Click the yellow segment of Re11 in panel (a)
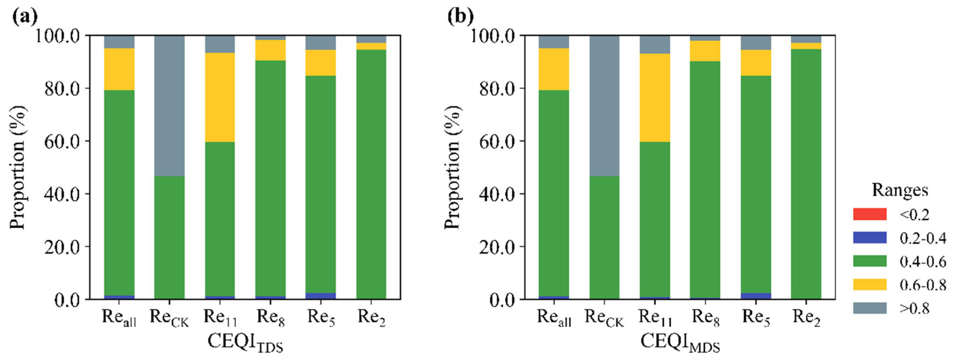tap(220, 97)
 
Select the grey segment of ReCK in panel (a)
tap(169, 106)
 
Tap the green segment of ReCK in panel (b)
tap(604, 237)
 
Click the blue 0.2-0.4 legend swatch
tap(870, 238)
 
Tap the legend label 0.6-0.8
tap(923, 284)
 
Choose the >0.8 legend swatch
tap(870, 308)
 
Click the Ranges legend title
tap(900, 190)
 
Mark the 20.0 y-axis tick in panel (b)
tap(496, 247)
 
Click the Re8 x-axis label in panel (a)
tap(271, 318)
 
